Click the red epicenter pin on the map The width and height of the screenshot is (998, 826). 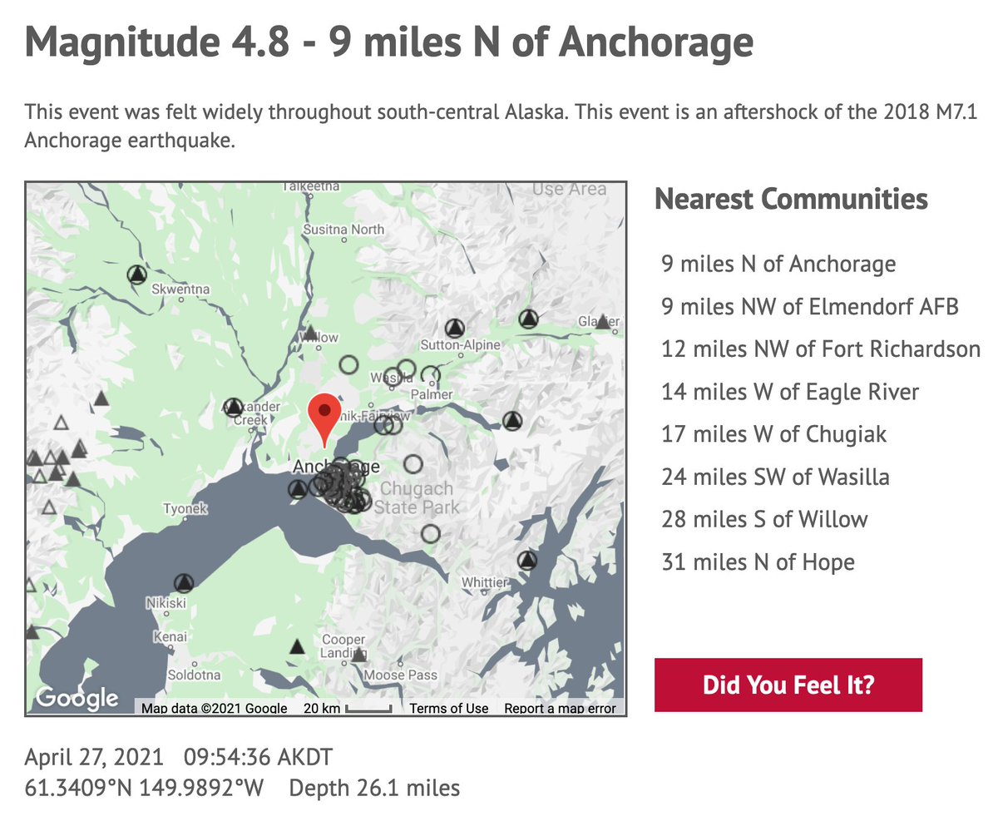click(324, 415)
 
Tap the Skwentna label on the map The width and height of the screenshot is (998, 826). click(182, 289)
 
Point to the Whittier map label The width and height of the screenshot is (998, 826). click(484, 582)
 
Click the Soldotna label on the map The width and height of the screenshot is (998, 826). click(194, 675)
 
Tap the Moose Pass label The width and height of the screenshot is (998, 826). click(401, 675)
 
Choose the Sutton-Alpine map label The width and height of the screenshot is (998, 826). click(461, 344)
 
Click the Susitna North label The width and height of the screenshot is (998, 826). click(343, 229)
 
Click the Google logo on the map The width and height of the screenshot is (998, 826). click(77, 697)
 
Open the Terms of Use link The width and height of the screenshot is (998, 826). click(449, 709)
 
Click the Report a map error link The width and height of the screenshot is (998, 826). click(560, 709)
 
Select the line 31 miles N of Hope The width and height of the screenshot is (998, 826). click(758, 562)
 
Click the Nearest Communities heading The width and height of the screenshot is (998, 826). click(791, 199)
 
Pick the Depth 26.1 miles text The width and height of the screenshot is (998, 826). click(374, 787)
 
